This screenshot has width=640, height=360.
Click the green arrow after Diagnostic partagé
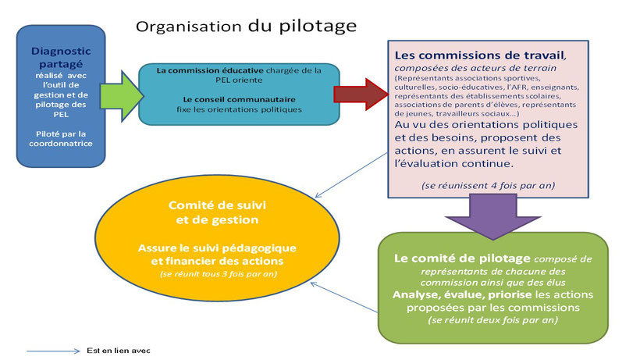coord(122,96)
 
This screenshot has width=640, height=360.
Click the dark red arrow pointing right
coord(361,94)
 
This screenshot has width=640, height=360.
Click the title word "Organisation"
coord(189,27)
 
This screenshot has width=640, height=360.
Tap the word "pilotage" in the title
coord(318,26)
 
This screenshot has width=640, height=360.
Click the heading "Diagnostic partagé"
coord(61,58)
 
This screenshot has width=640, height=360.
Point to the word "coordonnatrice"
coord(61,144)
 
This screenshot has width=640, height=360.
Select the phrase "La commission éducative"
coord(210,70)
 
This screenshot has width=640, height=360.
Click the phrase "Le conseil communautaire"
coord(239,100)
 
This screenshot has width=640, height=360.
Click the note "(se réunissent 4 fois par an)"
coord(488,186)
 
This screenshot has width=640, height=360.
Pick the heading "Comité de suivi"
coord(217,205)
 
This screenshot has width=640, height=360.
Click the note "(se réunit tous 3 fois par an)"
coord(219,274)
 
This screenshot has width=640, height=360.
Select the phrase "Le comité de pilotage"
coord(462,258)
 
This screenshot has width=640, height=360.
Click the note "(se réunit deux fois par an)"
coord(493,320)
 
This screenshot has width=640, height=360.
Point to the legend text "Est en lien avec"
coord(119,351)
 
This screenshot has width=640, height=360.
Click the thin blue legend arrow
coord(54,351)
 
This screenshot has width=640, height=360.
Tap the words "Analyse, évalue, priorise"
coord(462,294)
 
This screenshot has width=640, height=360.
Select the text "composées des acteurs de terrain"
coord(475,68)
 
